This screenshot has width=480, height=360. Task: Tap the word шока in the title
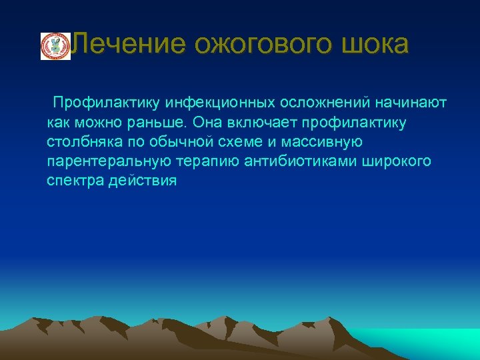(377, 45)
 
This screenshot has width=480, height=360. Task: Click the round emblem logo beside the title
(55, 46)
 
